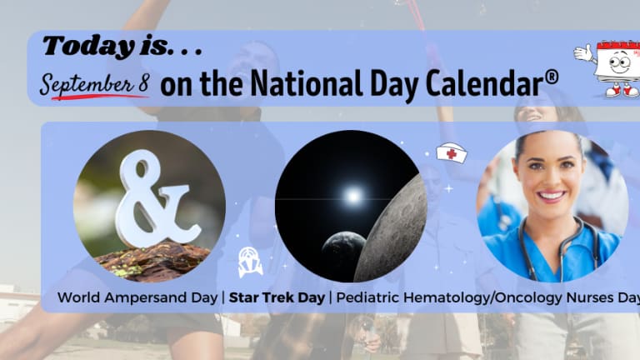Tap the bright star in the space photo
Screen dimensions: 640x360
tap(353, 197)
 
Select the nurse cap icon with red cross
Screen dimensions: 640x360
tap(452, 152)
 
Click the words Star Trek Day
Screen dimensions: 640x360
tap(277, 297)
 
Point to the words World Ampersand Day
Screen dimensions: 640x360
tap(137, 297)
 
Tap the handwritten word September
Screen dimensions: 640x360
tap(87, 83)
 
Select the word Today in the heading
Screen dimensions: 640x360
tap(88, 46)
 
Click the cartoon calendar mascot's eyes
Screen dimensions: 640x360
tap(619, 62)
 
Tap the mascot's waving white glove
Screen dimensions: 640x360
tap(583, 53)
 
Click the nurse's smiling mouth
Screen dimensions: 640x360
tap(552, 196)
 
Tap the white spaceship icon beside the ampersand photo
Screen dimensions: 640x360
tap(250, 262)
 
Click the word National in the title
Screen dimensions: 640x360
tap(306, 82)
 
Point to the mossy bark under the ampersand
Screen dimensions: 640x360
tap(153, 260)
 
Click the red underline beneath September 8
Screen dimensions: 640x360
tap(99, 97)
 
